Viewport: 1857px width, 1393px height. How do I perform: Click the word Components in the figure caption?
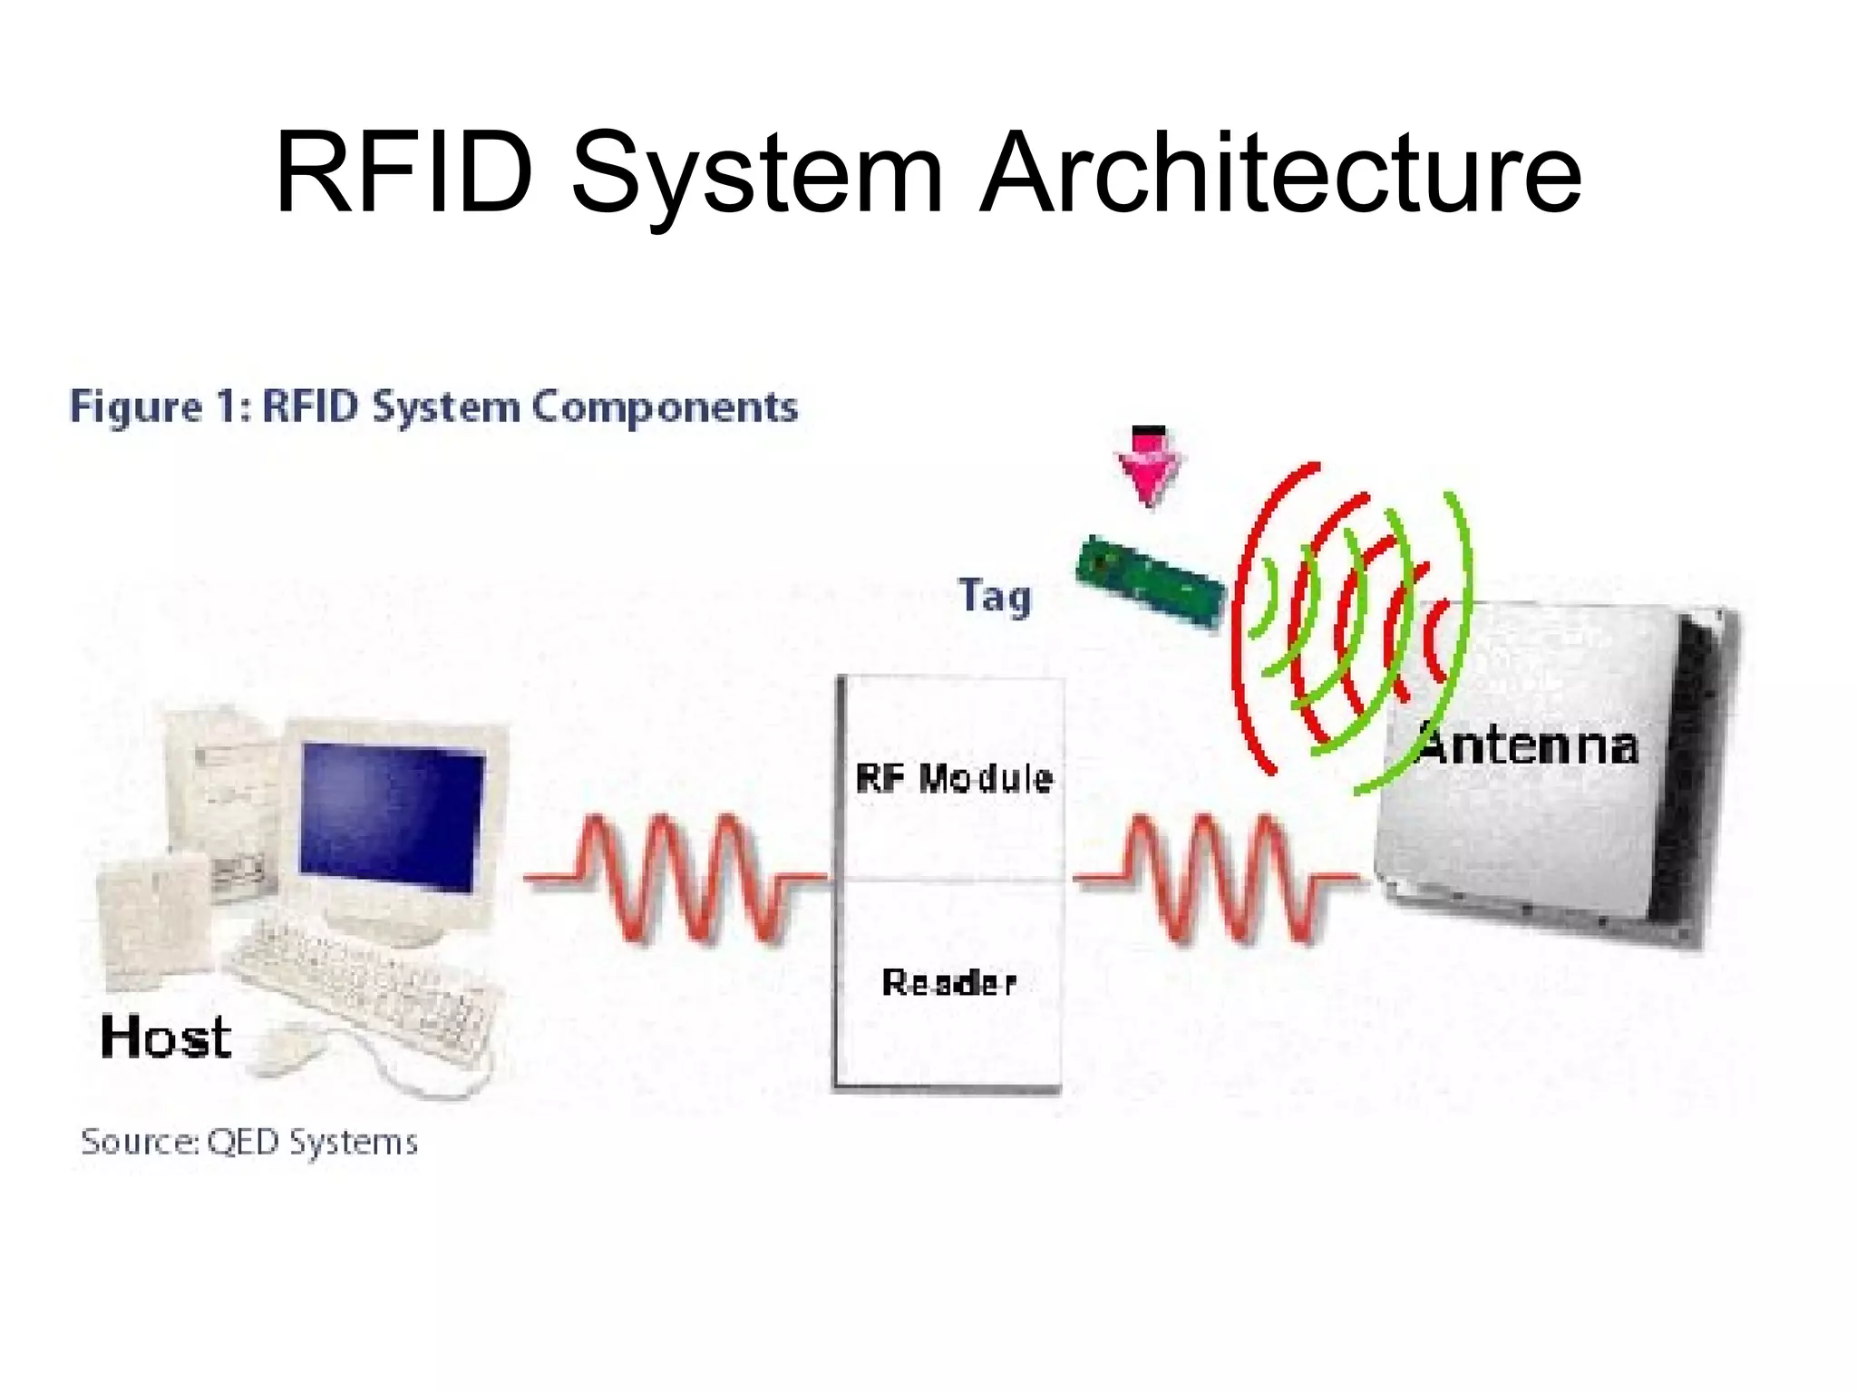point(665,407)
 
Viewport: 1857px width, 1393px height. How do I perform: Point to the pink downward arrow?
point(1148,467)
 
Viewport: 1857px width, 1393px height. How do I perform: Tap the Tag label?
point(995,597)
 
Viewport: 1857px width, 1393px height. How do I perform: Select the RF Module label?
point(954,778)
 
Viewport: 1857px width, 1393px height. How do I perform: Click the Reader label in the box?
point(949,982)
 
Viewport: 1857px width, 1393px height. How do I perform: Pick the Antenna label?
point(1529,745)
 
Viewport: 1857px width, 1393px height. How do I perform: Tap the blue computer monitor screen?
point(392,816)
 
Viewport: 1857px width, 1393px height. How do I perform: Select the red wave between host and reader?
point(676,878)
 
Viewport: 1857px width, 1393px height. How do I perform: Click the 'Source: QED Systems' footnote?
point(249,1141)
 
